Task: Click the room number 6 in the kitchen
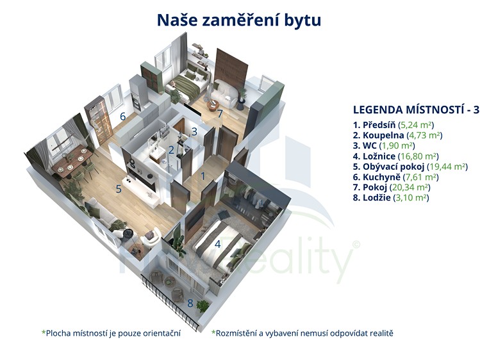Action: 123,116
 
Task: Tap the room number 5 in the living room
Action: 119,189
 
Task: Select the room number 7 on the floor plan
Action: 220,113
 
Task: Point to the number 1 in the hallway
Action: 203,176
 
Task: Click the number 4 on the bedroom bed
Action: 218,244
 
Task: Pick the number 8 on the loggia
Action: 190,303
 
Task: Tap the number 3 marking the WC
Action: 194,131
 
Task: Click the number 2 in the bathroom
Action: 171,150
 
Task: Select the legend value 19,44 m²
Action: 447,167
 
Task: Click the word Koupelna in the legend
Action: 383,135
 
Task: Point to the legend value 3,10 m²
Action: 411,197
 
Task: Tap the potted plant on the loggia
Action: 203,306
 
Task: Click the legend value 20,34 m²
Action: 410,187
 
